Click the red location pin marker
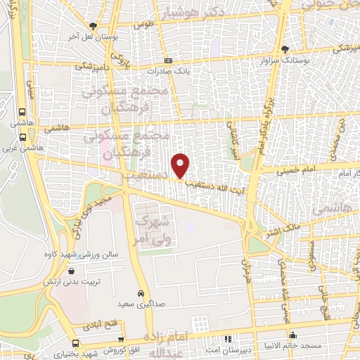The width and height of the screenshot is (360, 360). point(181,166)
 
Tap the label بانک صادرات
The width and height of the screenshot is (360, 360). point(168,71)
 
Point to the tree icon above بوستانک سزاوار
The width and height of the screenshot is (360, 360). point(285,49)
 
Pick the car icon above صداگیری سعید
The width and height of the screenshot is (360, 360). point(141,292)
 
